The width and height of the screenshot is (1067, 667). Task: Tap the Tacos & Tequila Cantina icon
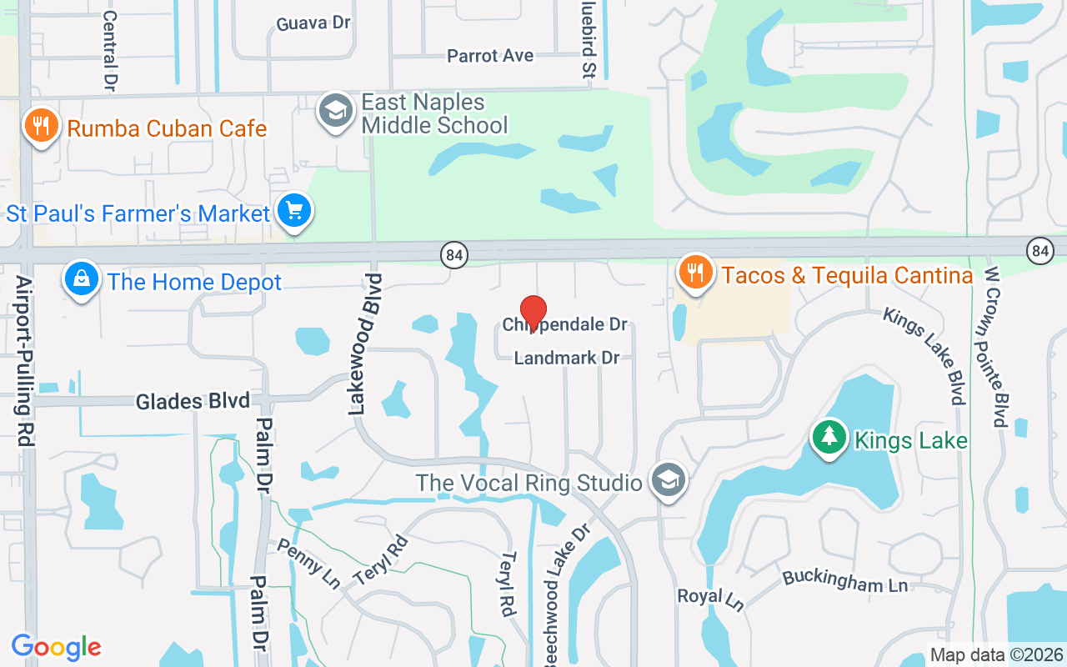694,272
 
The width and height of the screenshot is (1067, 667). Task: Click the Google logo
56,647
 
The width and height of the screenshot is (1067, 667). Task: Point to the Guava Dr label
313,23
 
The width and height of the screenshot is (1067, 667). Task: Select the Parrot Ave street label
490,56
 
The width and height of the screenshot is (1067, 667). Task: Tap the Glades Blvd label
193,401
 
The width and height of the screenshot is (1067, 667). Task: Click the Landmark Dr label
567,358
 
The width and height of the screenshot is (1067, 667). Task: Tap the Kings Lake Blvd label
924,354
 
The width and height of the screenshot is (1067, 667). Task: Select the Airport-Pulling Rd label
24,360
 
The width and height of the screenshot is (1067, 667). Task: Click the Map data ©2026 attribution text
995,654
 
